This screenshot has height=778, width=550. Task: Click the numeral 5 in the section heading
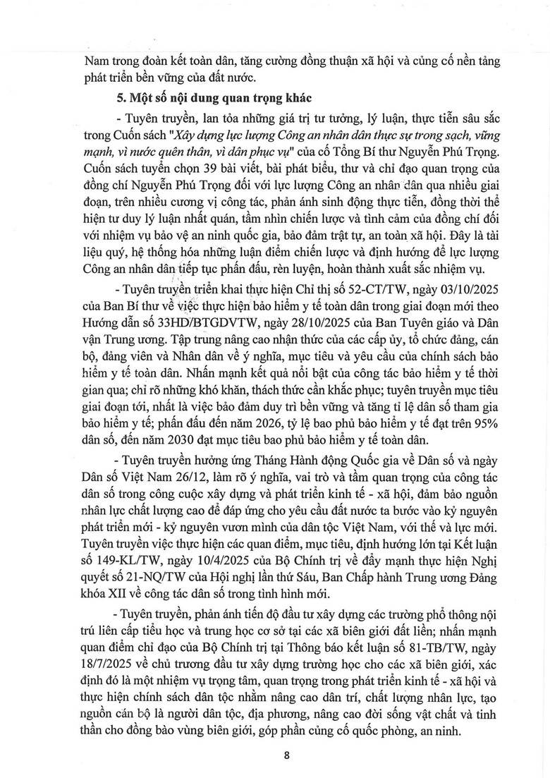point(100,97)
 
